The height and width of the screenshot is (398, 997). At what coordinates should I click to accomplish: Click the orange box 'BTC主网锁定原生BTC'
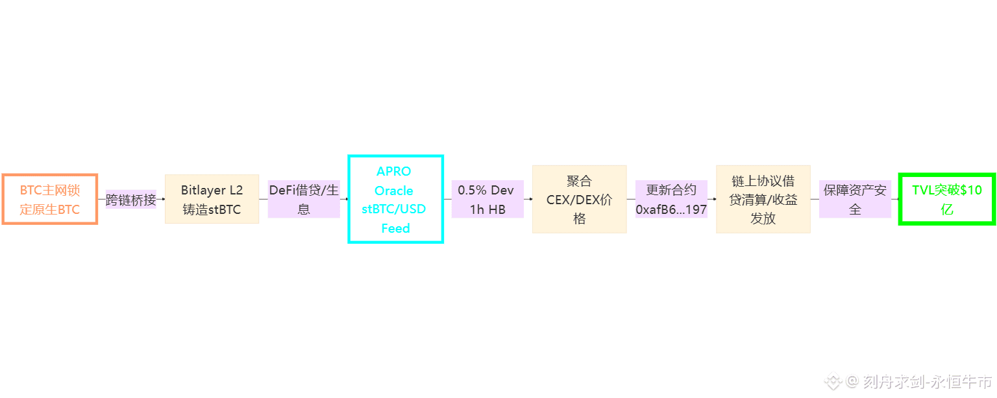50,199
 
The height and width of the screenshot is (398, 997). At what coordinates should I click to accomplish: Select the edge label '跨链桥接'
131,200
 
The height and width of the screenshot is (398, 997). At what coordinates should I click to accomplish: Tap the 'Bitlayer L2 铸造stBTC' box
212,199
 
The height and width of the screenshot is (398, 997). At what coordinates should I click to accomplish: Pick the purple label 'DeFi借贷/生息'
304,199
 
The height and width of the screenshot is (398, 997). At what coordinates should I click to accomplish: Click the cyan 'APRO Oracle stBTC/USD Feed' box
395,199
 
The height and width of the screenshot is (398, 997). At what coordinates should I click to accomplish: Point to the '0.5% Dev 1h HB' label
487,199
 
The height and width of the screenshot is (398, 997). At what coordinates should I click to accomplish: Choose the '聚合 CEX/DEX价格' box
579,199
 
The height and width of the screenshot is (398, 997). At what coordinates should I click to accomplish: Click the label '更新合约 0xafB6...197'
671,199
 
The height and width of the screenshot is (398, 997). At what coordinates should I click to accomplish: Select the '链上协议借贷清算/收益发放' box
763,199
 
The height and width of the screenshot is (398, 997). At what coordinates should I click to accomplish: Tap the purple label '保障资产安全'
855,199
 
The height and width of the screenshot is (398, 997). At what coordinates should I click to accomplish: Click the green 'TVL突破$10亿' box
946,199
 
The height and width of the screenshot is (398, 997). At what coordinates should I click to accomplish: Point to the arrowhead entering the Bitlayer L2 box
162,199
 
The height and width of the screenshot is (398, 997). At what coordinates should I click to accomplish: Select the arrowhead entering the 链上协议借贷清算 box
714,199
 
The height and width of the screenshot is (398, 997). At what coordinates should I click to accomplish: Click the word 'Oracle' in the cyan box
394,191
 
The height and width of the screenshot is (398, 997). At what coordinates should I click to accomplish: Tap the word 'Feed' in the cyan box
395,228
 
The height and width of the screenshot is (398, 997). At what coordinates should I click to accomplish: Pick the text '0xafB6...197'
671,209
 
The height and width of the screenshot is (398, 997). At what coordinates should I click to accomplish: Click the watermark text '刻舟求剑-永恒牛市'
928,381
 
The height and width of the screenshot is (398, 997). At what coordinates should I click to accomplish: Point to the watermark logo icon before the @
833,381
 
